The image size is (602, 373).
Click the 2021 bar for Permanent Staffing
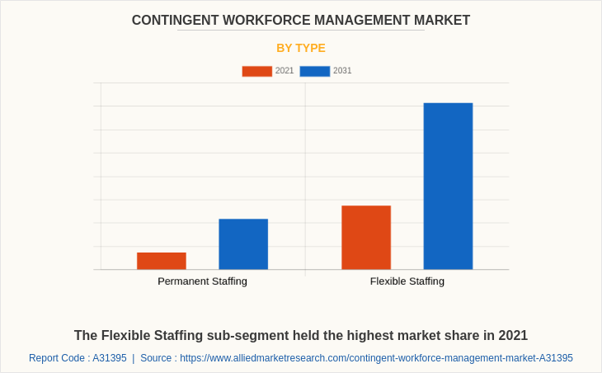tap(161, 261)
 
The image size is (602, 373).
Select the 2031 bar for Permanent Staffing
tap(243, 244)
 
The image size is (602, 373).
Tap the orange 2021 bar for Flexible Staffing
tap(366, 238)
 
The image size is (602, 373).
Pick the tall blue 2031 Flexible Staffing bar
tap(448, 186)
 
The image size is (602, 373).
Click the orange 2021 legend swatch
tap(256, 71)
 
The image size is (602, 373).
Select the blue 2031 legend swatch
tap(314, 71)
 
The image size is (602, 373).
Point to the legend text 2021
tap(285, 71)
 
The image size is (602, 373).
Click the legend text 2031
tap(342, 71)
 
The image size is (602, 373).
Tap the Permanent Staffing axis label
tap(202, 281)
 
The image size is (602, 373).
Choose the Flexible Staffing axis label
tap(407, 281)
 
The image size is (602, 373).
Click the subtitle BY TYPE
tap(301, 48)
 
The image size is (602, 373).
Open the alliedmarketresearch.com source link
tap(376, 358)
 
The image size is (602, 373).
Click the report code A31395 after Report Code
tap(110, 358)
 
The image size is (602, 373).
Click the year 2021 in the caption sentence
tap(511, 336)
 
